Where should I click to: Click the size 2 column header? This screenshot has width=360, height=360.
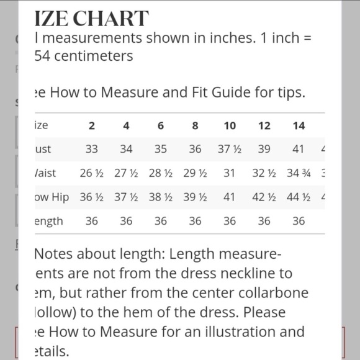point(92,125)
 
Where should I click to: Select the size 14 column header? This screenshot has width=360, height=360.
point(299,125)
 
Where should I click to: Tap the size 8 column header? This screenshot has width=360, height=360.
point(195,125)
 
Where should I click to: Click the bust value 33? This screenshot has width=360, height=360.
point(92,149)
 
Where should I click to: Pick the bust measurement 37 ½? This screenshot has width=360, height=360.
point(230,149)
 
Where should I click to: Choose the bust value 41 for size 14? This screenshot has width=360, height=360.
point(299,149)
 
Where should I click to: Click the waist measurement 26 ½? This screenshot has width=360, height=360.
point(92,173)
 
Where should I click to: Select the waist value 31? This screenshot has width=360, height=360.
point(230,173)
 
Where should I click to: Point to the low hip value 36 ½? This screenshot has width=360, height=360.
point(92,197)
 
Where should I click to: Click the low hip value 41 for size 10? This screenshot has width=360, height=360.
point(230,197)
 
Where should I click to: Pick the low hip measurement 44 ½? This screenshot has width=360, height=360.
point(299,197)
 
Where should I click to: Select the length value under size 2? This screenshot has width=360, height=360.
point(92,221)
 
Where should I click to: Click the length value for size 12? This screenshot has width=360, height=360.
point(264,221)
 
